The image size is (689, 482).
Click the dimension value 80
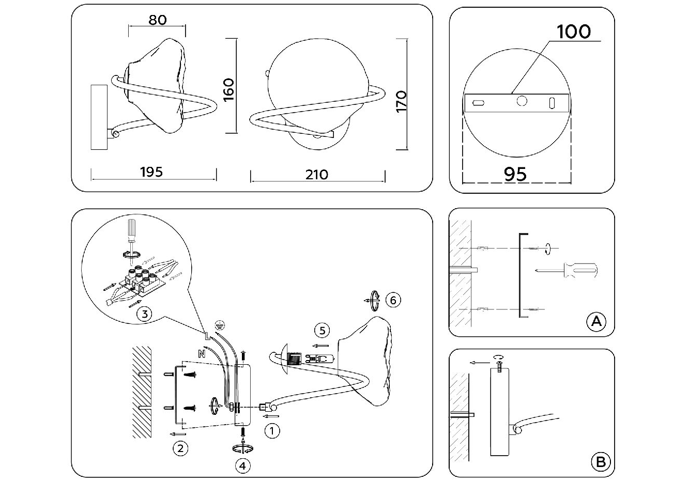pos(158,20)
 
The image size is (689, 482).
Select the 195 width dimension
pos(151,172)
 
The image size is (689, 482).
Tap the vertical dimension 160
pos(229,90)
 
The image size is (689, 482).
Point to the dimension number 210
pos(317,175)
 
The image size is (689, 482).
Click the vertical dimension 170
pos(402,102)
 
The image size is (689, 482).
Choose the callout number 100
pos(574,32)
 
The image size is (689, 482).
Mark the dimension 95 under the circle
pos(515,174)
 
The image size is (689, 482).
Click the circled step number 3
pos(145,314)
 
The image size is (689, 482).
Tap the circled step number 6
pos(393,300)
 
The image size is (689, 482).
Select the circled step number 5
pos(322,331)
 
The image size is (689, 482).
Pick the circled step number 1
pos(272,431)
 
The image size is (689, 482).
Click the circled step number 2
pos(180,448)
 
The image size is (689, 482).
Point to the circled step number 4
pos(243,467)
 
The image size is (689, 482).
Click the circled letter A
pos(596,321)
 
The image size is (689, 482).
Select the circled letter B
pos(601,462)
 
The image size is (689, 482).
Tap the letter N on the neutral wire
pos(202,354)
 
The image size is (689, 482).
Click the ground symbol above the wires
pos(220,324)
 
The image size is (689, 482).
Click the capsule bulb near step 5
pos(319,359)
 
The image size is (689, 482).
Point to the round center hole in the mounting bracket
pos(522,101)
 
